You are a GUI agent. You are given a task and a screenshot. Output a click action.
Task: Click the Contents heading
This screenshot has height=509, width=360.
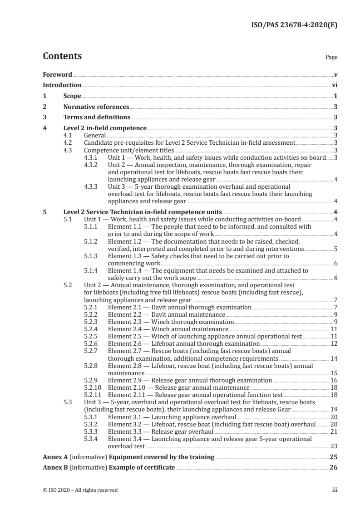[x=62, y=57]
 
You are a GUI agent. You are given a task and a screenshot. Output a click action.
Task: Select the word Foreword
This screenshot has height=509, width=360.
[x=57, y=74]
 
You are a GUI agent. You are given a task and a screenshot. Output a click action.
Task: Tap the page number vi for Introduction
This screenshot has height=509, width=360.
[x=335, y=85]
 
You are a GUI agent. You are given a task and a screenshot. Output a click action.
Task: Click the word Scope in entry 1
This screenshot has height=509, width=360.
[x=72, y=96]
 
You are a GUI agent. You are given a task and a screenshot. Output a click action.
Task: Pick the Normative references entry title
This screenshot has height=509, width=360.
[x=96, y=107]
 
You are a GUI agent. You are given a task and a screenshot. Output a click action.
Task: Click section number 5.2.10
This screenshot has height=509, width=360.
[x=93, y=387]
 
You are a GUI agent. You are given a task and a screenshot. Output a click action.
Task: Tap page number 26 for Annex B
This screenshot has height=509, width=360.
[x=334, y=467]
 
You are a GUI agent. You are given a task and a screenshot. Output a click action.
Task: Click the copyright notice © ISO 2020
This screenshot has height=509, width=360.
[x=80, y=490]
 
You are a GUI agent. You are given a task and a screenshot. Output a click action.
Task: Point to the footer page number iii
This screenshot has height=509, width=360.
[x=335, y=490]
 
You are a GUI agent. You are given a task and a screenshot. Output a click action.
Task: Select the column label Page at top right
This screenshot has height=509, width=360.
[x=331, y=58]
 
